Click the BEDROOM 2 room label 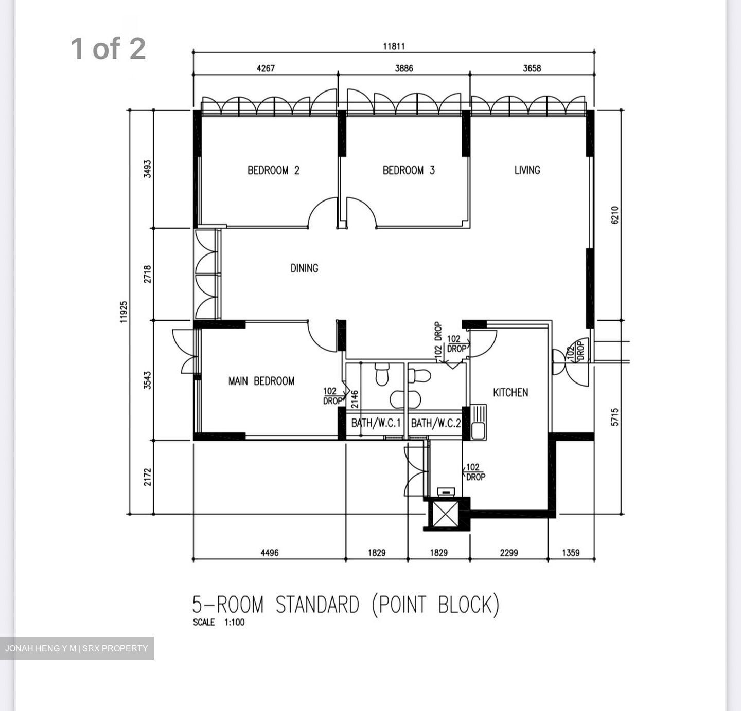coord(273,170)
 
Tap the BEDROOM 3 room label coord(409,170)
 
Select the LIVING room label coord(527,170)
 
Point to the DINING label coord(304,268)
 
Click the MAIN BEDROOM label coord(261,381)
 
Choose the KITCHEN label coord(510,392)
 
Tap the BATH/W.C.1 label coord(376,423)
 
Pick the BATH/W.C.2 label coord(436,423)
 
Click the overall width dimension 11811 coord(394,46)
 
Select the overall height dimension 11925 coord(123,312)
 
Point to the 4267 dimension coord(266,68)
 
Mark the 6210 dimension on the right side coord(614,215)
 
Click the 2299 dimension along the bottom coord(509,552)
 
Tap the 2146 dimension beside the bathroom coord(354,399)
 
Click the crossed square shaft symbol coord(446,514)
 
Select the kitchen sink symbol coord(479,422)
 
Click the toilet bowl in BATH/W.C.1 coord(382,374)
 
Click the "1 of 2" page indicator coord(108,48)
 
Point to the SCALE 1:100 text coord(219,623)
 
